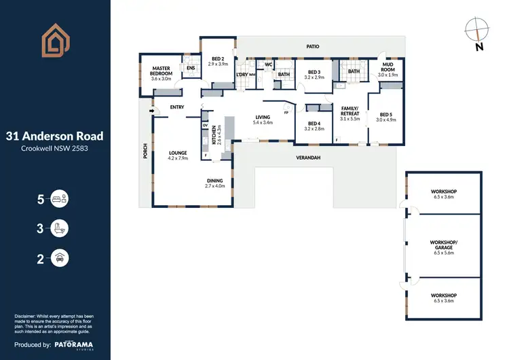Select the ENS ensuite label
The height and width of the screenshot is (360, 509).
coord(191,68)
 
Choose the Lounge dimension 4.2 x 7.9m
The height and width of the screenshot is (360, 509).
coord(178,158)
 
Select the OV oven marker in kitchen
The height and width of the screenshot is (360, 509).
coord(205,125)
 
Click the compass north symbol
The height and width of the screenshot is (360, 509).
coord(478,31)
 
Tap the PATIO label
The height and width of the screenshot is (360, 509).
coord(312,47)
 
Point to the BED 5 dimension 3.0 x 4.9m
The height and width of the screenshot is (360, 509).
coord(385,120)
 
